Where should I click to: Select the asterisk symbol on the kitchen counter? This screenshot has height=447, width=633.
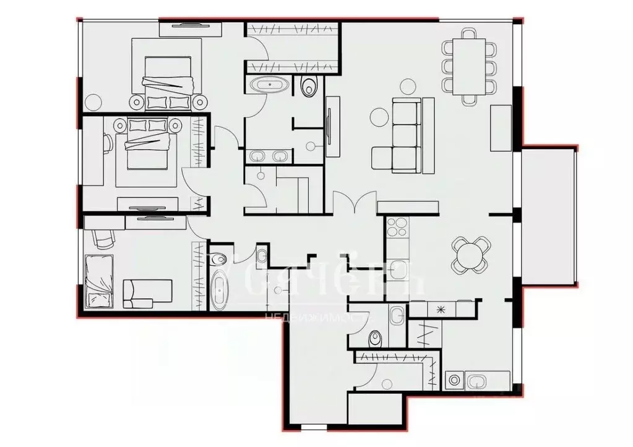click(x=441, y=309)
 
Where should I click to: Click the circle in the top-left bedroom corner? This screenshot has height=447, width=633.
click(x=93, y=100)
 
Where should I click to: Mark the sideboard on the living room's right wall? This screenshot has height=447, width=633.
click(x=501, y=128)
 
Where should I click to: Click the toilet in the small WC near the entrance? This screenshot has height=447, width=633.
click(x=374, y=339)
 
